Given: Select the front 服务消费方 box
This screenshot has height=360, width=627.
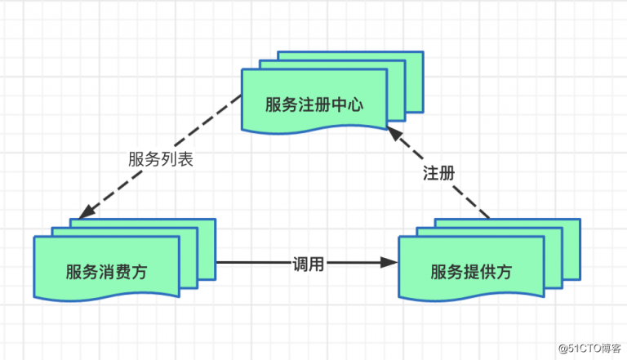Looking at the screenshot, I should pyautogui.click(x=106, y=269).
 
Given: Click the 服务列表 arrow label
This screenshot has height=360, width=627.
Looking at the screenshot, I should pyautogui.click(x=161, y=159).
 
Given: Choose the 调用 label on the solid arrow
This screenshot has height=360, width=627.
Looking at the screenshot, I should pyautogui.click(x=309, y=264).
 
